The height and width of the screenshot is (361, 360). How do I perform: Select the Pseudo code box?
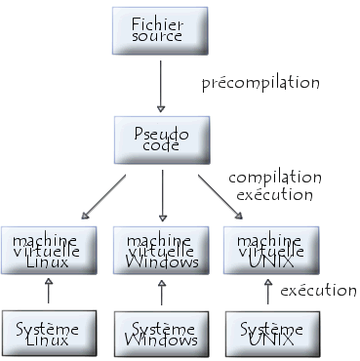click(x=161, y=139)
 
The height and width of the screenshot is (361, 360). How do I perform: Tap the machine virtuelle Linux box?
click(x=49, y=250)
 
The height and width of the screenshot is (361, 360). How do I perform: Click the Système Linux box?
click(x=49, y=334)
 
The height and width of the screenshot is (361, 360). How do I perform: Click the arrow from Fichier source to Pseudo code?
click(x=161, y=84)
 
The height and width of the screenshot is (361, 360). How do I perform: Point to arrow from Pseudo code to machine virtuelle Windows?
click(x=161, y=194)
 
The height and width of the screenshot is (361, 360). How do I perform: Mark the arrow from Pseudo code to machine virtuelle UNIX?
click(x=220, y=195)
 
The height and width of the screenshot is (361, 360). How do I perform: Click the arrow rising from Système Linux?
click(x=49, y=291)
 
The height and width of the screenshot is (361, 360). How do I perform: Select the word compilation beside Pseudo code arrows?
click(x=274, y=178)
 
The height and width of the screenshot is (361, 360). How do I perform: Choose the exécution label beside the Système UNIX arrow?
click(x=317, y=290)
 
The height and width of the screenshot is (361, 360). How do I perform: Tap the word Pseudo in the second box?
click(x=161, y=130)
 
